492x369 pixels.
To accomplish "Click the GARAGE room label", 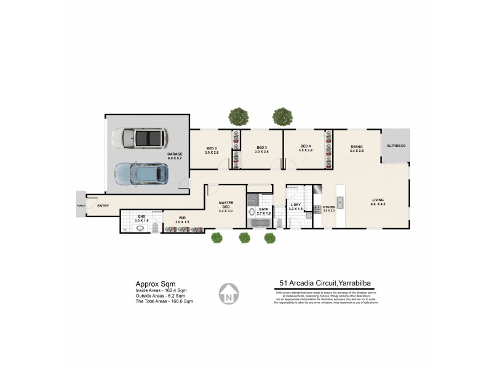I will point(175,156).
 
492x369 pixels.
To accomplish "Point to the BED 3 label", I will point(262,149).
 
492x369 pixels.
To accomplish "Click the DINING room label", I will point(357,148).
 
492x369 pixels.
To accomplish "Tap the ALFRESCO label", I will point(395,146).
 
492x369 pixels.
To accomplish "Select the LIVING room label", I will point(378,202).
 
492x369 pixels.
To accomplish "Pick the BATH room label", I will point(263,211).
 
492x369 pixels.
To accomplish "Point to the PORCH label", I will point(80,205).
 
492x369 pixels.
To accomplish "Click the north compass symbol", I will point(229,293).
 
